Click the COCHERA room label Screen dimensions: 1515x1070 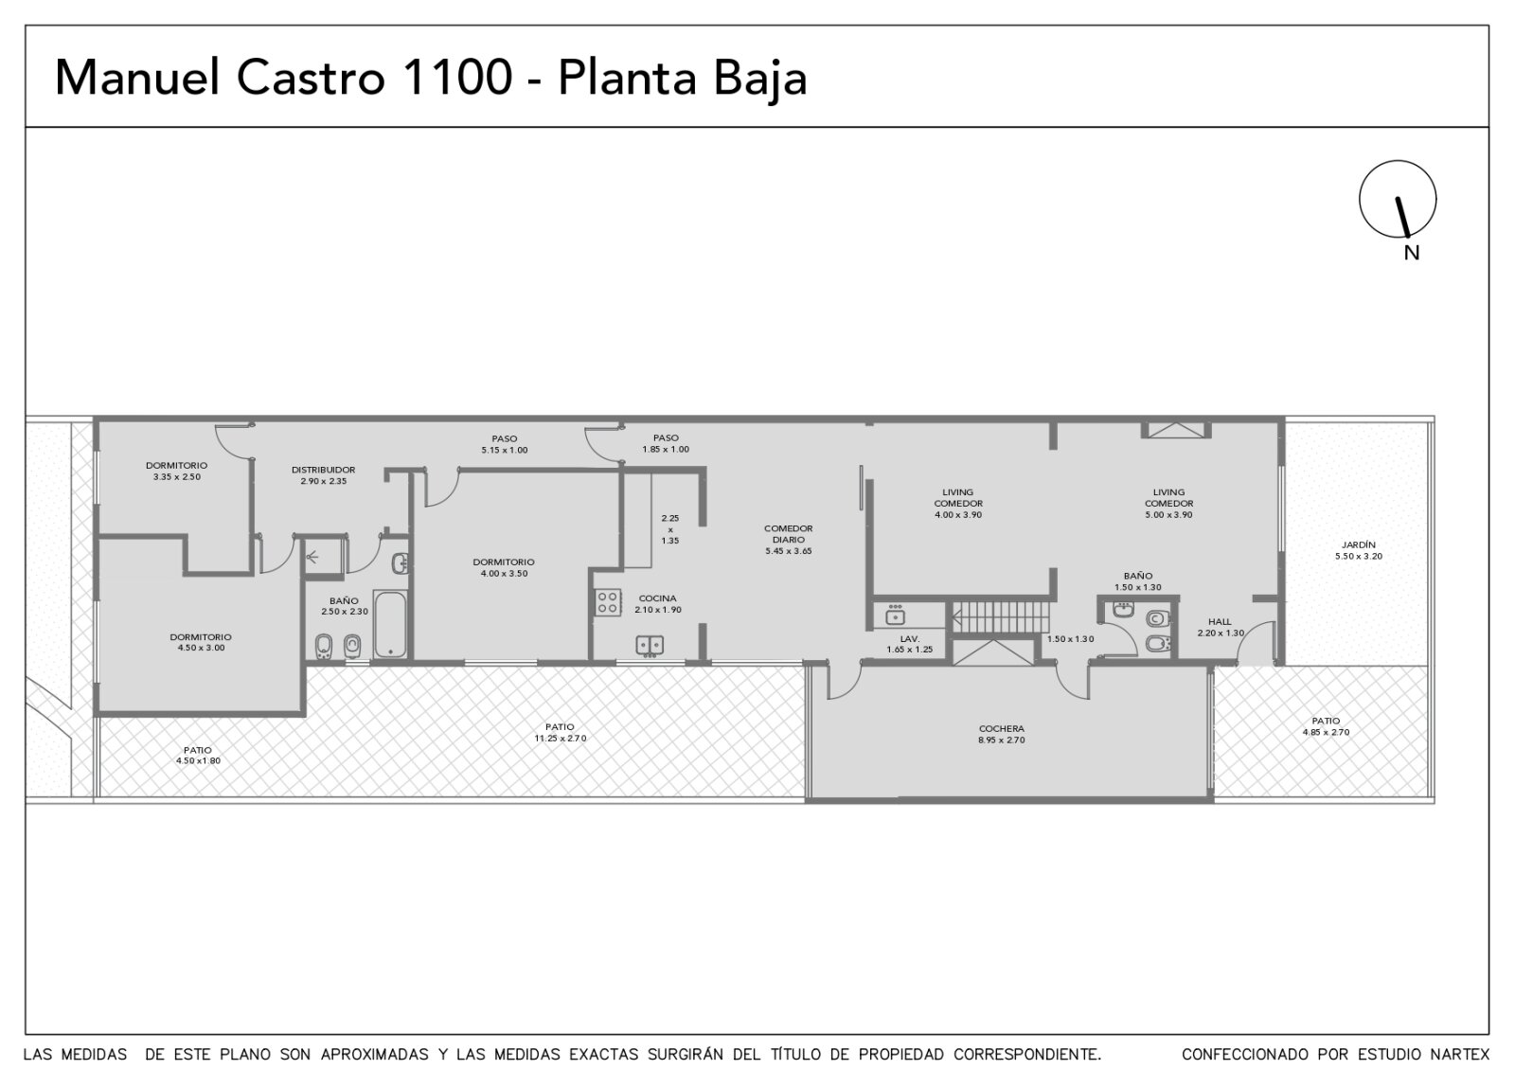click(1002, 728)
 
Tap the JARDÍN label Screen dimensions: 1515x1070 click(1359, 544)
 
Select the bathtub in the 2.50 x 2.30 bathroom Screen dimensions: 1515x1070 click(390, 624)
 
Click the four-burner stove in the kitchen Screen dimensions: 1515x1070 click(608, 602)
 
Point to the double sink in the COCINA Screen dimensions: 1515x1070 click(650, 646)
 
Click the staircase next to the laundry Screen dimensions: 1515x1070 click(1001, 616)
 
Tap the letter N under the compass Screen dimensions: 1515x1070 click(1412, 253)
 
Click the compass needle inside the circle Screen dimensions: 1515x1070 click(1402, 217)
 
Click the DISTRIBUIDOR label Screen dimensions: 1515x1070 click(323, 470)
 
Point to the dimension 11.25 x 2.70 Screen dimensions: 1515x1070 click(561, 738)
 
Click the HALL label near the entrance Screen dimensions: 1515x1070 click(1221, 621)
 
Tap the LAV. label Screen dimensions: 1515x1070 click(910, 638)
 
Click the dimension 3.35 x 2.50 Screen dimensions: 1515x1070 click(177, 477)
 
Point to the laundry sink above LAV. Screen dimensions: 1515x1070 click(896, 615)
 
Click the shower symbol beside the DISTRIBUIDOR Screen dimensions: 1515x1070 click(312, 558)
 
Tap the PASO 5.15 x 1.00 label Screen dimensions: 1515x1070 click(505, 444)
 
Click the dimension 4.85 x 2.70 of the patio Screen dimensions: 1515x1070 click(1326, 732)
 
